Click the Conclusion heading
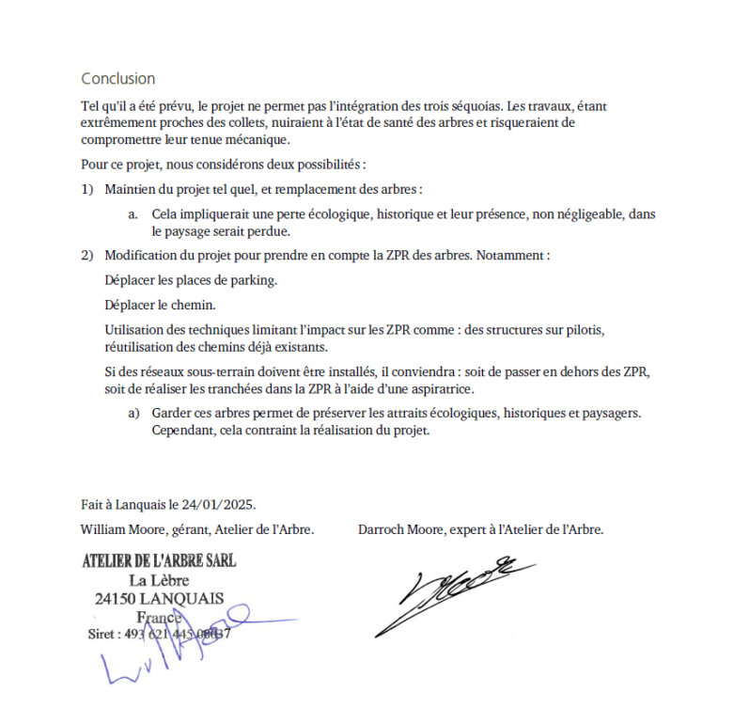[x=117, y=79]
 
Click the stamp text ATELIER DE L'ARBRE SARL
[x=159, y=561]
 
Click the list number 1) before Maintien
[x=87, y=189]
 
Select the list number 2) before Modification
[x=87, y=256]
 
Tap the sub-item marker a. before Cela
[x=134, y=214]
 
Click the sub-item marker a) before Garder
[x=134, y=414]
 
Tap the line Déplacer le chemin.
[x=160, y=306]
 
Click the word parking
[x=254, y=280]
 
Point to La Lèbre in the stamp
[x=159, y=580]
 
